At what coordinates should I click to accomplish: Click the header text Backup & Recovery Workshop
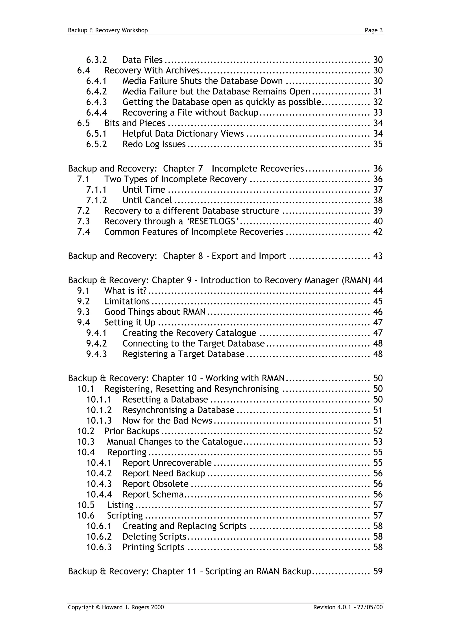tap(108, 30)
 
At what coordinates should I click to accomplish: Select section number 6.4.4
tap(96, 112)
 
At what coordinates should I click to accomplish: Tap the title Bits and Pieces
tap(135, 123)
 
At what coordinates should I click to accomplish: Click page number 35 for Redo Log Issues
tap(378, 144)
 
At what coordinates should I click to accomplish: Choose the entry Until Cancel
tap(147, 200)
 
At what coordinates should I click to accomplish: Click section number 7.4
tap(83, 232)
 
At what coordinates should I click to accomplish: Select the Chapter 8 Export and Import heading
tap(177, 256)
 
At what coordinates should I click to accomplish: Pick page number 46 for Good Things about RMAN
tap(378, 312)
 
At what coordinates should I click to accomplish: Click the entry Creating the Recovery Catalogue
tap(189, 333)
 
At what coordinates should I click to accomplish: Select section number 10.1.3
tap(99, 421)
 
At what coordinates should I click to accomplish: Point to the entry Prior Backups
tap(132, 431)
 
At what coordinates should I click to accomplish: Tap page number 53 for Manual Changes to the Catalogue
tap(378, 442)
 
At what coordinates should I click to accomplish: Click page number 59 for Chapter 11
tap(378, 571)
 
